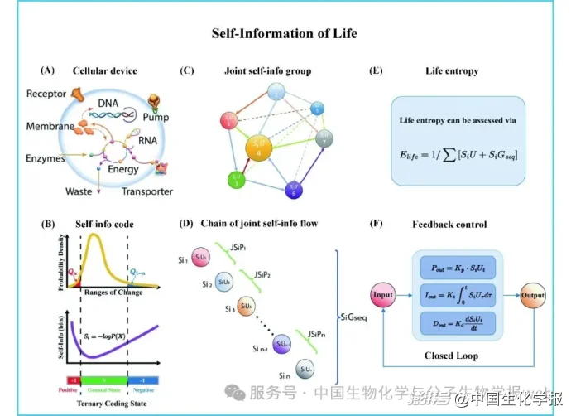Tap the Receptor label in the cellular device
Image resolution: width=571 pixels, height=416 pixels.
click(x=45, y=94)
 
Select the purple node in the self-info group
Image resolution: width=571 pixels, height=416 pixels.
click(x=295, y=189)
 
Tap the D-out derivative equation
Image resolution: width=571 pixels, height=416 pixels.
click(x=458, y=322)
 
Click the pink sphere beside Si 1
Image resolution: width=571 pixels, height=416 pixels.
click(x=202, y=258)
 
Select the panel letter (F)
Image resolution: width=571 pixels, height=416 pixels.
click(x=377, y=224)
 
